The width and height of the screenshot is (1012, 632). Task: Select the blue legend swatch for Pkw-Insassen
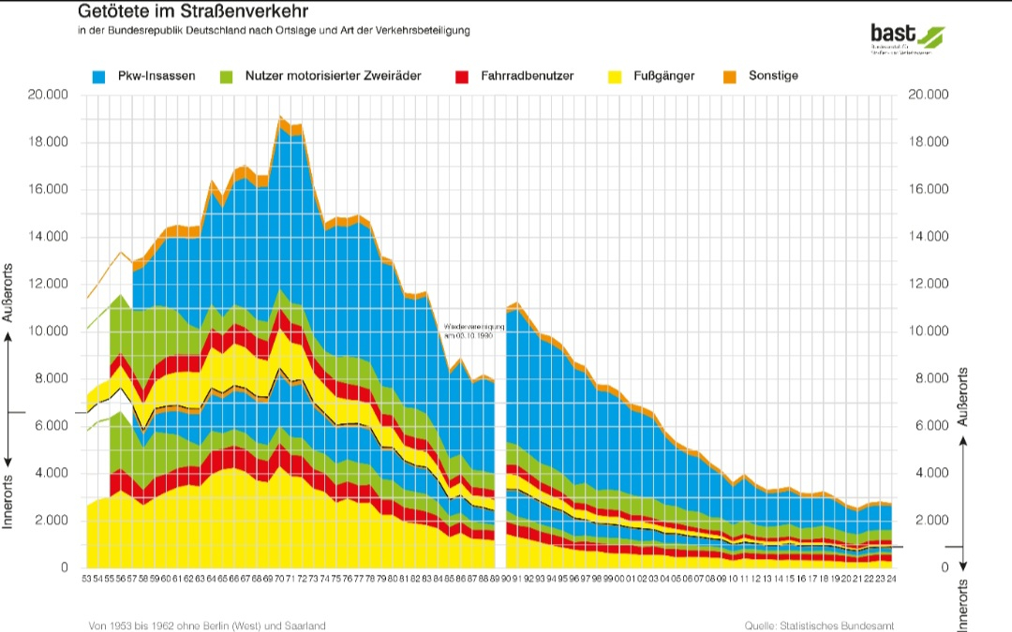[x=98, y=75]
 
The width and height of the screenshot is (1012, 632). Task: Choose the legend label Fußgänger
[x=664, y=75]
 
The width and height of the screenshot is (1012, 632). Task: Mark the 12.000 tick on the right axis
[x=929, y=284]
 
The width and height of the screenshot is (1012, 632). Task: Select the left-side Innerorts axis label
[x=9, y=501]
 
